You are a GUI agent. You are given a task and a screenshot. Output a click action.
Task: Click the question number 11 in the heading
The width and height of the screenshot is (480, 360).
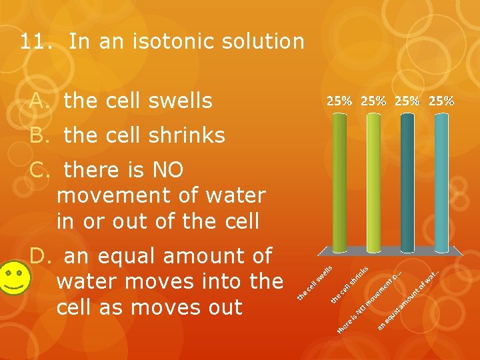click(x=32, y=42)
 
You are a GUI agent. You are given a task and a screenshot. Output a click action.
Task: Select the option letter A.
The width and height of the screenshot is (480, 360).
click(x=39, y=101)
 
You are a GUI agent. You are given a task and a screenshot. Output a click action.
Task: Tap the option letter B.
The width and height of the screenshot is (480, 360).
click(x=39, y=135)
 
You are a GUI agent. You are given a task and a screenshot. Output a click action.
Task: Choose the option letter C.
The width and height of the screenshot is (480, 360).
click(x=39, y=170)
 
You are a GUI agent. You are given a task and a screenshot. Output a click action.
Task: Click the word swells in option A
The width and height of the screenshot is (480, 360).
click(x=175, y=101)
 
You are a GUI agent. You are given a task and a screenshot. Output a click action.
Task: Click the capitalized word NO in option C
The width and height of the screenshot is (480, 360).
click(x=166, y=170)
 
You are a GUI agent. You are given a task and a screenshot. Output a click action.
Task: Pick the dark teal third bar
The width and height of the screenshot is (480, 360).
click(x=407, y=180)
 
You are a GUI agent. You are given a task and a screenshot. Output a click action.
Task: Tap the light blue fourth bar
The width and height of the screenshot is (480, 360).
click(x=441, y=180)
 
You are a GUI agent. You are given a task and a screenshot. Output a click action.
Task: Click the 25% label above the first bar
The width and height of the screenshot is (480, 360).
click(x=339, y=101)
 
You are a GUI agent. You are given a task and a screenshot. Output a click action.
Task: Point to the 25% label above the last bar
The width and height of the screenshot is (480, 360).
click(x=441, y=101)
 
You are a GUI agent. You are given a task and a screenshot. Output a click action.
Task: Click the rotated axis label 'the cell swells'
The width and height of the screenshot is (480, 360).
click(x=315, y=282)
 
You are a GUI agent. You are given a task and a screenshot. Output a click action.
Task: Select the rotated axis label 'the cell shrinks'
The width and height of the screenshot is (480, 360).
click(x=351, y=285)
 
